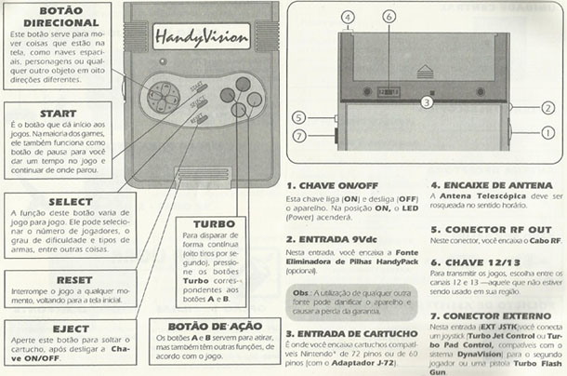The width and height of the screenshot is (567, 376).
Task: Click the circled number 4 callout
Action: point(346,17)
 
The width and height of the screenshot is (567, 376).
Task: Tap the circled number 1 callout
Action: point(547,133)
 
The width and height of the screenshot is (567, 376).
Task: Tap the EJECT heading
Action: point(47,329)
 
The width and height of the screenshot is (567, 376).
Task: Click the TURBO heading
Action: point(213,223)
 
